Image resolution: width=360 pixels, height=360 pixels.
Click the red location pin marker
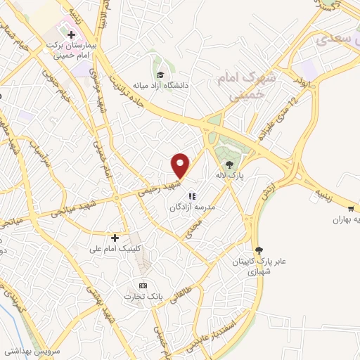click(x=181, y=165)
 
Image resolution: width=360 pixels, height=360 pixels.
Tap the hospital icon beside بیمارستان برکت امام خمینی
click(x=71, y=34)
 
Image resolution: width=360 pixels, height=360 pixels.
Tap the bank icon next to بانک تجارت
click(x=143, y=285)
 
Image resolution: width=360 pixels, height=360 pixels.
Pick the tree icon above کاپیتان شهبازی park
click(x=259, y=250)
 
